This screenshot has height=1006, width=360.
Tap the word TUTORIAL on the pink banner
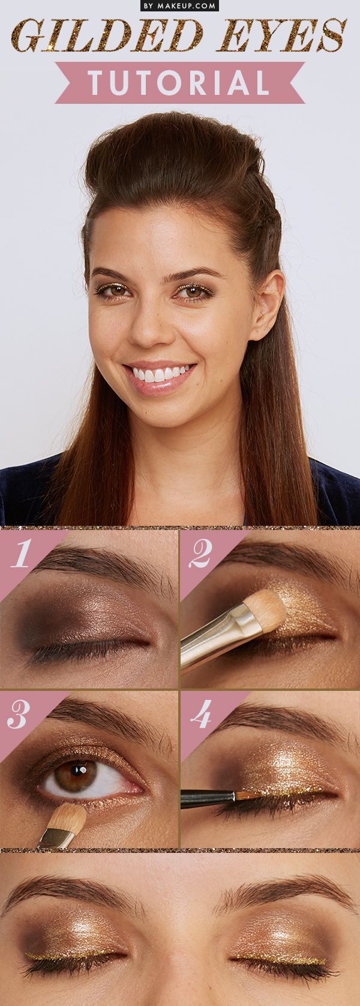point(179,83)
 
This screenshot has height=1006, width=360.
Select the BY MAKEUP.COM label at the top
point(179,5)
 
